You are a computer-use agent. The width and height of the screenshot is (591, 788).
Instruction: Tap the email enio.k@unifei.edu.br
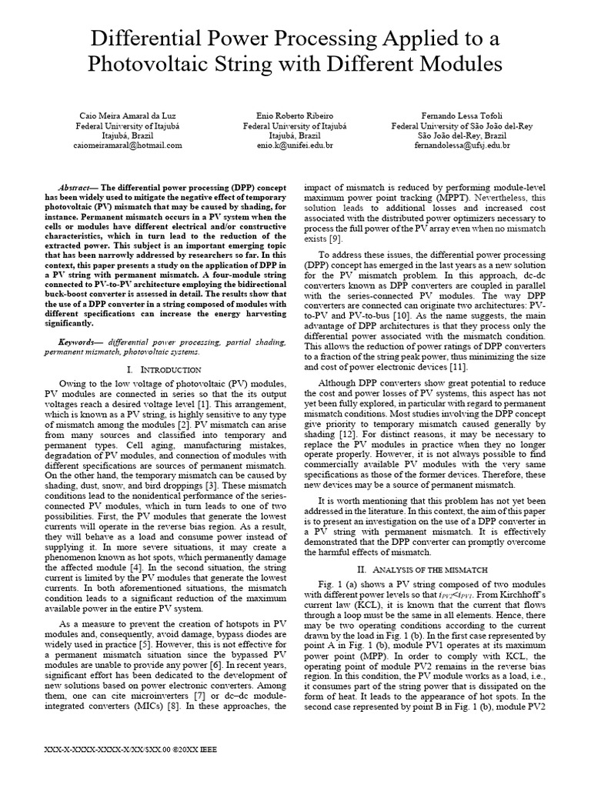pos(295,144)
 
